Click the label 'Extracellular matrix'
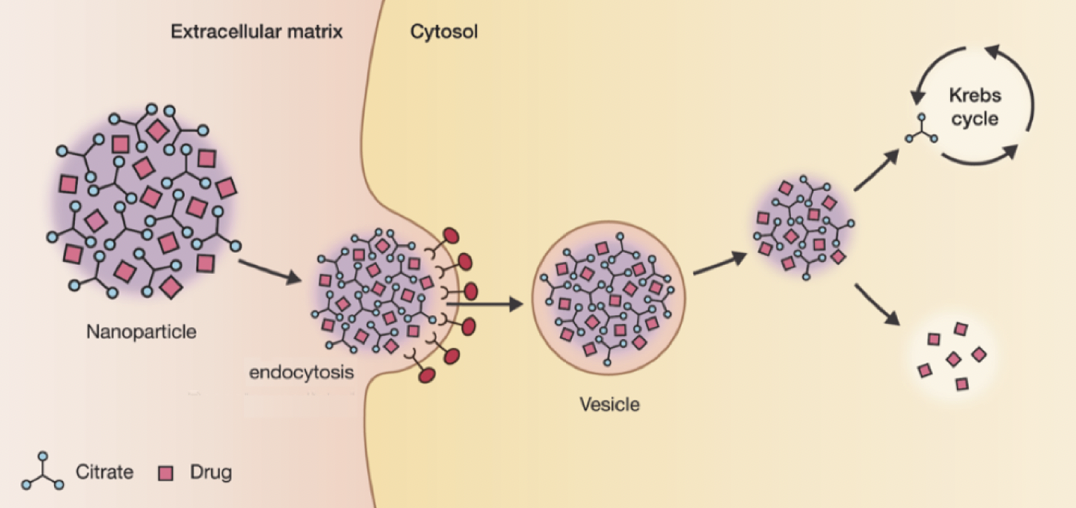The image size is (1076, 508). tap(256, 32)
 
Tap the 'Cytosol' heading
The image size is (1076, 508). tap(444, 32)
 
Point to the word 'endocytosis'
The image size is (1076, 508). tap(297, 374)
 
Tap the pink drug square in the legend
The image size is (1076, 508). tap(166, 472)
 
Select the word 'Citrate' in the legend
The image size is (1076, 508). tap(104, 472)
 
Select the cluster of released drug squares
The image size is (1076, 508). tap(952, 356)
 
